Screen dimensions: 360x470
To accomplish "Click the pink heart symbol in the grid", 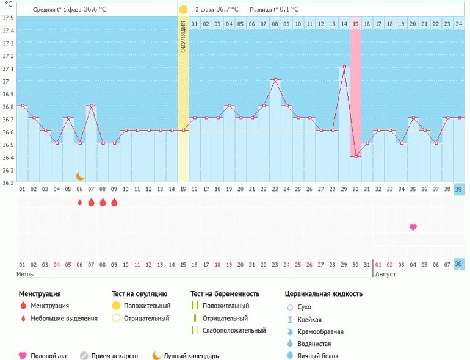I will click(413, 227).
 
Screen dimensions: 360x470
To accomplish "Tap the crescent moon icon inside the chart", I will click(80, 176).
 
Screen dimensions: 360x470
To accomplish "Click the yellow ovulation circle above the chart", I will click(183, 10).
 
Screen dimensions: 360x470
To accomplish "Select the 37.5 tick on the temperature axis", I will click(8, 17).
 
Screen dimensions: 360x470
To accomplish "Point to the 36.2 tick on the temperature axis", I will click(8, 182).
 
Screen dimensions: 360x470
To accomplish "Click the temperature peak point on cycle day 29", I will click(344, 67).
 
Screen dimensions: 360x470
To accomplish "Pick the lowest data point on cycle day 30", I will click(355, 156).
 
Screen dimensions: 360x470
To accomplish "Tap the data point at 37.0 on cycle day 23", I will click(275, 80).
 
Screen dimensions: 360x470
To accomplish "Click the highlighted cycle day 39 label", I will click(458, 189).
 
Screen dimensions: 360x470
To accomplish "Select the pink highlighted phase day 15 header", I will click(355, 24).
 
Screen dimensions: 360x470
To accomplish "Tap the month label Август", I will click(385, 274).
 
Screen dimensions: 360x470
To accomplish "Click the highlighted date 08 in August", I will click(458, 264).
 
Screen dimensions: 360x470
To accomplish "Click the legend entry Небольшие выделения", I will click(64, 318).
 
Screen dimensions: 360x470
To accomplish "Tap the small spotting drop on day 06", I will click(80, 203).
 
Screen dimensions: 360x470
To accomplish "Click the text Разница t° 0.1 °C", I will click(274, 10).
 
